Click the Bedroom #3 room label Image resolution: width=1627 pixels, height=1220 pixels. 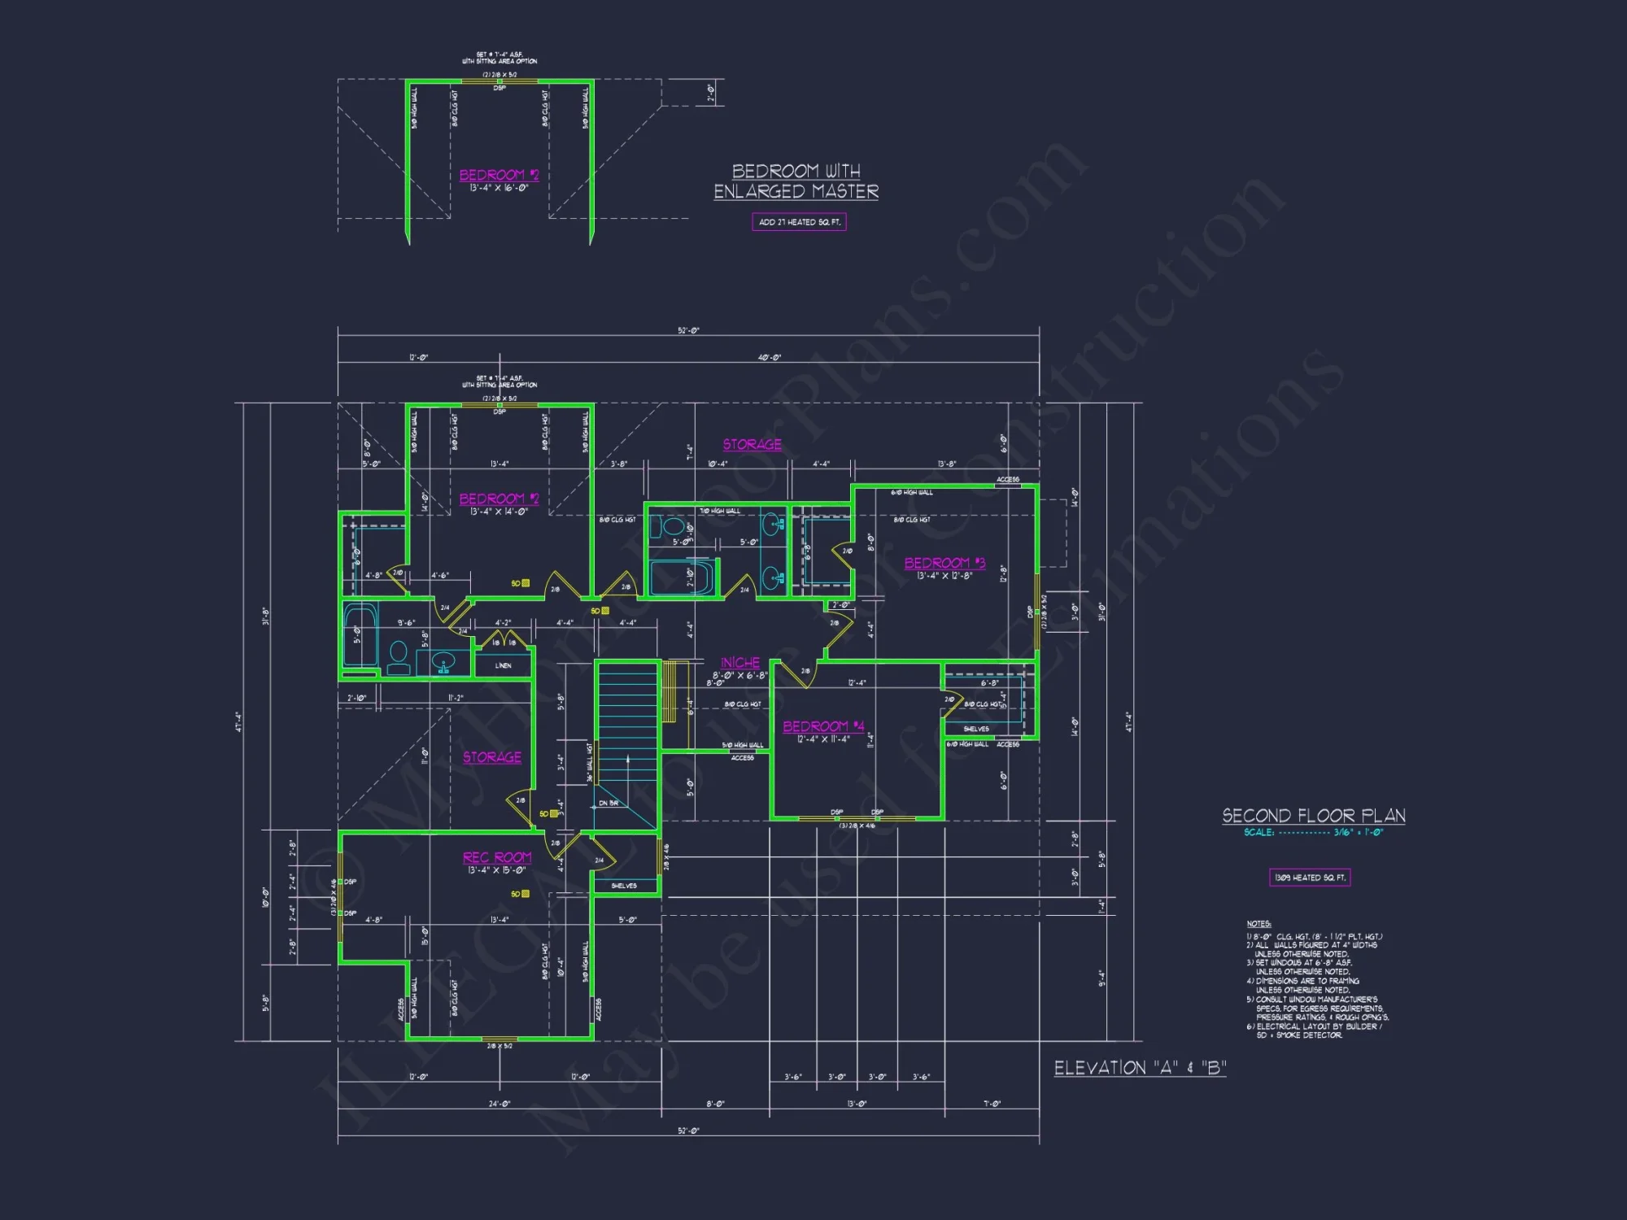tap(944, 563)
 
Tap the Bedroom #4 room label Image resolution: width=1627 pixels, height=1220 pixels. tap(823, 726)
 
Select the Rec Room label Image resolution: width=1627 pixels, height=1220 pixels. tap(496, 857)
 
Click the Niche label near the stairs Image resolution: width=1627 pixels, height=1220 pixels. tap(740, 663)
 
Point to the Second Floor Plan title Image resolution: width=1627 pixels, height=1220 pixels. tap(1313, 816)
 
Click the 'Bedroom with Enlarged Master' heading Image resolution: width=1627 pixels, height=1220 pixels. tap(796, 181)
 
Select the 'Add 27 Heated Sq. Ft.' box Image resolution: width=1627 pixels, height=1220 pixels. tap(799, 222)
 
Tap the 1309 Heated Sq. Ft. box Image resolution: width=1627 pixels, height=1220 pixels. tap(1310, 878)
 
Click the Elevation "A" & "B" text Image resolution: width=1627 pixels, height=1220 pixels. tap(1140, 1068)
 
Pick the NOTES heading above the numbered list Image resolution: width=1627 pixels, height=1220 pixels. tap(1258, 924)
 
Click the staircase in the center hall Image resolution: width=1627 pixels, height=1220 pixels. tap(626, 724)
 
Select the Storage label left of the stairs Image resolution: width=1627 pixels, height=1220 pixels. tap(492, 757)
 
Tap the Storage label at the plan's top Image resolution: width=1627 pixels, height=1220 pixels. tap(752, 444)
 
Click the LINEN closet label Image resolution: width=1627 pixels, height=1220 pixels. tap(504, 665)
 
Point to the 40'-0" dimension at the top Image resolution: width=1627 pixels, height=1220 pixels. tap(769, 357)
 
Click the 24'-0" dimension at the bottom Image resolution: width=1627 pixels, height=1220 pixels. tap(499, 1104)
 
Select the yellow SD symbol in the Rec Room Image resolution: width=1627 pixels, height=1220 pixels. tap(525, 894)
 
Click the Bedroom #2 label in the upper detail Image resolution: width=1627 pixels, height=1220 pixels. tap(499, 175)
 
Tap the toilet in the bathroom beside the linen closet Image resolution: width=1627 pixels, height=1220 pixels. tap(399, 656)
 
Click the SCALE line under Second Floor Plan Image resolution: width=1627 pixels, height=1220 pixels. tap(1313, 832)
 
